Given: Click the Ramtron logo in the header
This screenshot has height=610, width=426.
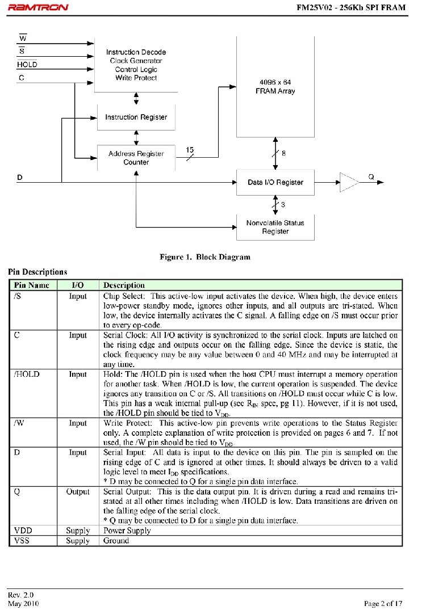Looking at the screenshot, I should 38,7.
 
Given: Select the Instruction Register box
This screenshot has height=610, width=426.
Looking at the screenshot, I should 136,117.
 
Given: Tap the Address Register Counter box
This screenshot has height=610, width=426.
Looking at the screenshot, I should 136,158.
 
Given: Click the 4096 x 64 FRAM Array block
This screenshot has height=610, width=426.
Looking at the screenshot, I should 275,86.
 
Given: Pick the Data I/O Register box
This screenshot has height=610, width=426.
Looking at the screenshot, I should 275,182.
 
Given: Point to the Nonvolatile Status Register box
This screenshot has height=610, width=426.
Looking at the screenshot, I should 275,227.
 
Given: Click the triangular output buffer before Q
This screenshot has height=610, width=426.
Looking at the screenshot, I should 348,182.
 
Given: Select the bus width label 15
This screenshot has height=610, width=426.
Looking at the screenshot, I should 190,150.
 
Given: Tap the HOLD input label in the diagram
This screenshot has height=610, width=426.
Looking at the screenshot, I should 27,65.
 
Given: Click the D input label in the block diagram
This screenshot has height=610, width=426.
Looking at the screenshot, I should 20,178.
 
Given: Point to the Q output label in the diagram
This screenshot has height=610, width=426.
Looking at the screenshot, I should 371,176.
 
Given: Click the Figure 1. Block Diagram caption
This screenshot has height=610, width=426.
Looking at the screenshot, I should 205,257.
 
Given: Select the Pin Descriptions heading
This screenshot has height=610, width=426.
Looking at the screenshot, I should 37,272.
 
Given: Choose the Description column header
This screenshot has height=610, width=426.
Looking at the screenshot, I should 124,285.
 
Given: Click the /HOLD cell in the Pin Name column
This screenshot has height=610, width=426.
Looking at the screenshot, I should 27,375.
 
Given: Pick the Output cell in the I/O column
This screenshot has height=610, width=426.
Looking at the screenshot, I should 78,492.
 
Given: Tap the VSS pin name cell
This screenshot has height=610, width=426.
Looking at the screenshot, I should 21,541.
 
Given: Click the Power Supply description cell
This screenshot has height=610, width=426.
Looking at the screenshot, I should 127,531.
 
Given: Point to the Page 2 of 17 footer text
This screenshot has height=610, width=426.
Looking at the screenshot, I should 383,603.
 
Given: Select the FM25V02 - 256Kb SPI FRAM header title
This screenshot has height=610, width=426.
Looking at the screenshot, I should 352,7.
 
